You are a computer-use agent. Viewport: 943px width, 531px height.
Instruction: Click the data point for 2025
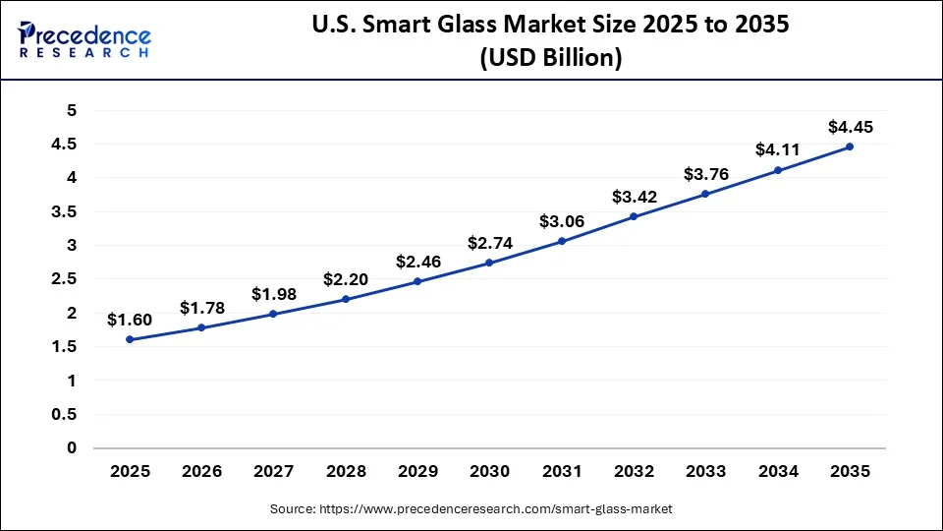(x=130, y=339)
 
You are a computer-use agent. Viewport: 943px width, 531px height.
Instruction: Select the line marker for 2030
(x=489, y=263)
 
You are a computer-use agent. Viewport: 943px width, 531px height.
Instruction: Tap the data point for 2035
(x=850, y=147)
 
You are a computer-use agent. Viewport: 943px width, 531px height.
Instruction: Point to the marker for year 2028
(x=346, y=299)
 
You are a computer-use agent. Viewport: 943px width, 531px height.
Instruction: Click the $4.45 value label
(x=850, y=127)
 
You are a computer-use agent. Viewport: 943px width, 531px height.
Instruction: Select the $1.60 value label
(x=130, y=320)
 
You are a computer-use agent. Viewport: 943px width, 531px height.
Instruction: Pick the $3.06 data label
(x=562, y=221)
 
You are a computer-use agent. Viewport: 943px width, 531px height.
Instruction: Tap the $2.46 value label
(x=417, y=262)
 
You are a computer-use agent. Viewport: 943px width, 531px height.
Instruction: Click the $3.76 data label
(x=705, y=174)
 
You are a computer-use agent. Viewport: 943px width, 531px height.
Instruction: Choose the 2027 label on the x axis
(x=273, y=472)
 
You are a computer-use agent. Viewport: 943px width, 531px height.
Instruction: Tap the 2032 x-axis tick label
(x=634, y=472)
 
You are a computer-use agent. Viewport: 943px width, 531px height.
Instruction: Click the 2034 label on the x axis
(x=778, y=472)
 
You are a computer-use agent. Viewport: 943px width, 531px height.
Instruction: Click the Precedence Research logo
(x=84, y=38)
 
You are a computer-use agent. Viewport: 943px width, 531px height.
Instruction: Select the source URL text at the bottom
(x=471, y=509)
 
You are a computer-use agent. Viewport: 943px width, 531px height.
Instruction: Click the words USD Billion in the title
(x=550, y=58)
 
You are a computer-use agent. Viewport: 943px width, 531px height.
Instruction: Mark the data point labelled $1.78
(x=201, y=327)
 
